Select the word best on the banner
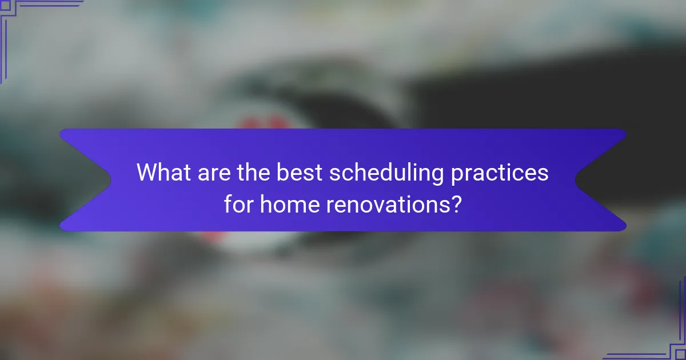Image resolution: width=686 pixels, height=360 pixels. [x=300, y=173]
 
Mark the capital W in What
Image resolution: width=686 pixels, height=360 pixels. [x=146, y=173]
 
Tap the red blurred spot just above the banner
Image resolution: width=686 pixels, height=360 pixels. [x=263, y=122]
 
